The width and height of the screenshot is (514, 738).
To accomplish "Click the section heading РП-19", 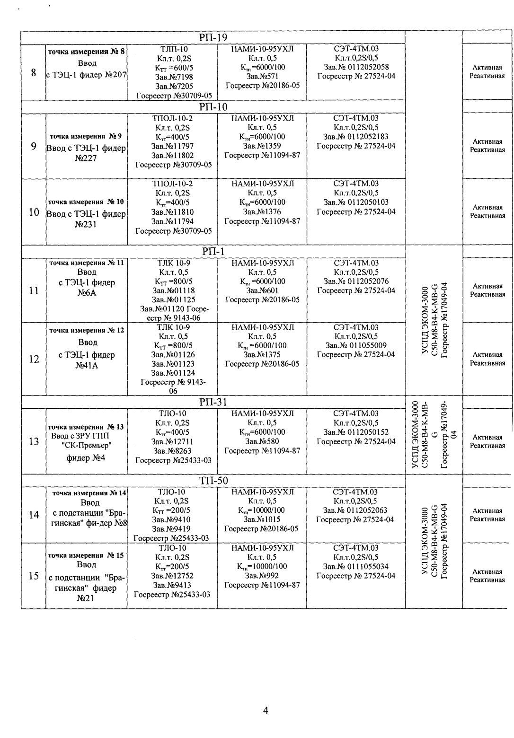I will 213,38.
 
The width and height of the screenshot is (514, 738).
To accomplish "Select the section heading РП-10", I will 213,107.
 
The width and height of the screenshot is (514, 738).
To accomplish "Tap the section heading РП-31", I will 213,402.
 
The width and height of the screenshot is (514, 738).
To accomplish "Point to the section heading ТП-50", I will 213,481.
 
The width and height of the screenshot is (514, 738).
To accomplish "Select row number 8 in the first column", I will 33,73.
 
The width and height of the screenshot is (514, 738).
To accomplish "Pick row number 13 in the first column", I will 33,441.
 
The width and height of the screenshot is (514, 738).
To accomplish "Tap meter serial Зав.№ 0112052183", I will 355,137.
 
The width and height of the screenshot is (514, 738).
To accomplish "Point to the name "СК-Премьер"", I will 87,446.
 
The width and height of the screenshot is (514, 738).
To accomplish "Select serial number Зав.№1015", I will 261,519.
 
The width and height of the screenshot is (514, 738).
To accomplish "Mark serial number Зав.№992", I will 262,576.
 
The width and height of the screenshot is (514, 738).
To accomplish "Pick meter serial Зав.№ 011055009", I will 355,345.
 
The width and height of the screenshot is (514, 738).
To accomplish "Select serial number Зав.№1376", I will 262,212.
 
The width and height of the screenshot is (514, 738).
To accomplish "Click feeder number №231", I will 86,224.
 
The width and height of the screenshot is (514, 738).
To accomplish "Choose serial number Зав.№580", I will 262,441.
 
